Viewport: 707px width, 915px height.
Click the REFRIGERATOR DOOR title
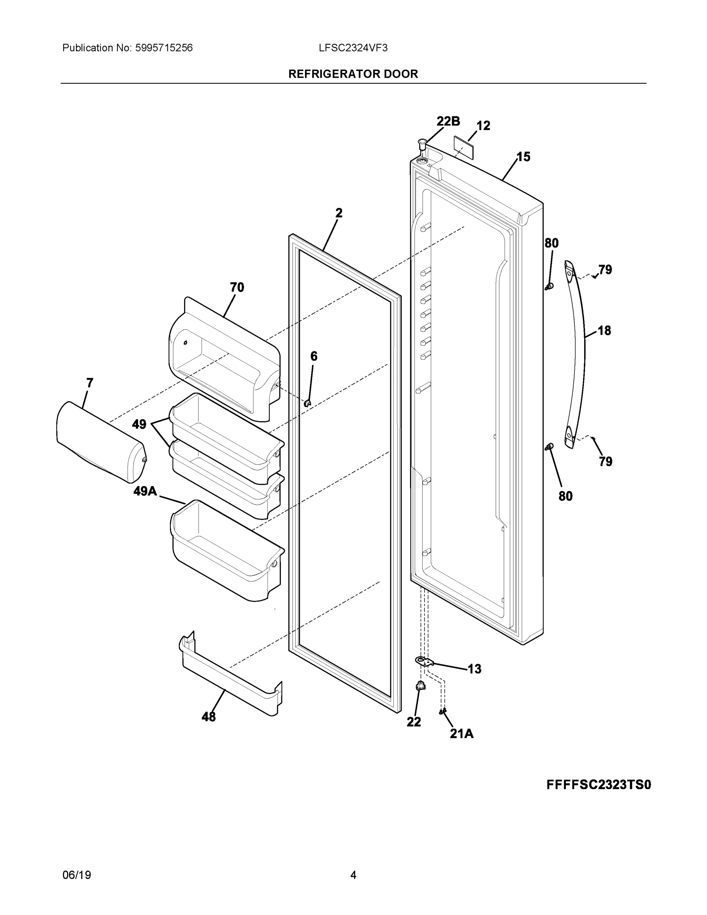pyautogui.click(x=353, y=74)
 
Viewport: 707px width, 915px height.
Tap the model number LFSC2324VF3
pyautogui.click(x=353, y=48)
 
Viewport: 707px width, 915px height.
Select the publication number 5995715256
pyautogui.click(x=164, y=48)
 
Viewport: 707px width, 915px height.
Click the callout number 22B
pyautogui.click(x=448, y=122)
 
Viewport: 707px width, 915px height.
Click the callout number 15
pyautogui.click(x=523, y=157)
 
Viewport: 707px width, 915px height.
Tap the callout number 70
pyautogui.click(x=237, y=287)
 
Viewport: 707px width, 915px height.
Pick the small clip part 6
pyautogui.click(x=308, y=403)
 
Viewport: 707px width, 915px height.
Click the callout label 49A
pyautogui.click(x=145, y=491)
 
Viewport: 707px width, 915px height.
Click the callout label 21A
pyautogui.click(x=462, y=733)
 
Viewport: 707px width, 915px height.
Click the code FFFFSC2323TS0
pyautogui.click(x=598, y=784)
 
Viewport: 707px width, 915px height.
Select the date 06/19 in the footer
pyautogui.click(x=77, y=875)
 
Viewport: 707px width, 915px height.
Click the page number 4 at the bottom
pyautogui.click(x=353, y=875)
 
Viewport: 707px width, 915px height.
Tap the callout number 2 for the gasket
pyautogui.click(x=338, y=213)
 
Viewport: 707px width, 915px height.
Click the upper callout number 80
pyautogui.click(x=551, y=243)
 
